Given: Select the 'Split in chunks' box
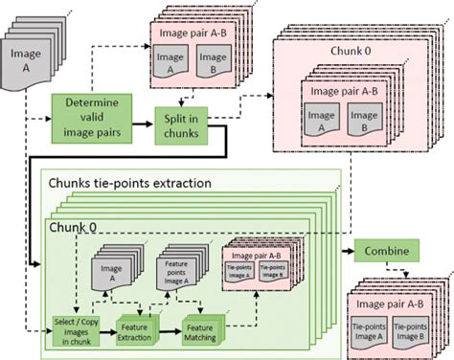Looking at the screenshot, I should click(183, 121).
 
